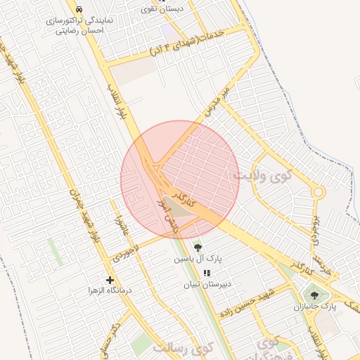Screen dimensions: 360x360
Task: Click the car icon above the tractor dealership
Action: coord(78,10)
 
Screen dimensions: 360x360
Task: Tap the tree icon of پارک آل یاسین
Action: coord(198,247)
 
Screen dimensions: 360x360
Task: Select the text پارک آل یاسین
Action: coord(198,259)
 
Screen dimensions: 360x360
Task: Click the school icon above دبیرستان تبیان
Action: coord(206,273)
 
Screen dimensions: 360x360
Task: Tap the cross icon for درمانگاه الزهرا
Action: coord(109,280)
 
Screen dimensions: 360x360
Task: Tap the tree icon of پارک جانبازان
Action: coord(314,295)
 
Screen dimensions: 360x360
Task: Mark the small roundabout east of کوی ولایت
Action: coord(318,192)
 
